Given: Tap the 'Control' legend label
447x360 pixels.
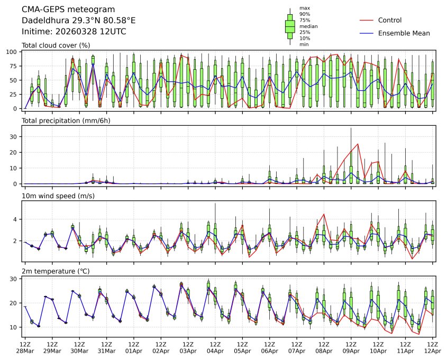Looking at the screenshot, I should [x=390, y=20].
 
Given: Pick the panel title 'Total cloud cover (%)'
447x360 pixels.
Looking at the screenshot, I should [x=56, y=45].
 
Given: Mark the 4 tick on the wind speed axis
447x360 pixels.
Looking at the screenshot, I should [x=16, y=219].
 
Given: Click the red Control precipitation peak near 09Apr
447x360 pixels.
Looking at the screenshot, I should [x=358, y=144].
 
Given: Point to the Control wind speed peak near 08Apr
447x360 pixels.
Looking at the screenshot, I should [x=324, y=214].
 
